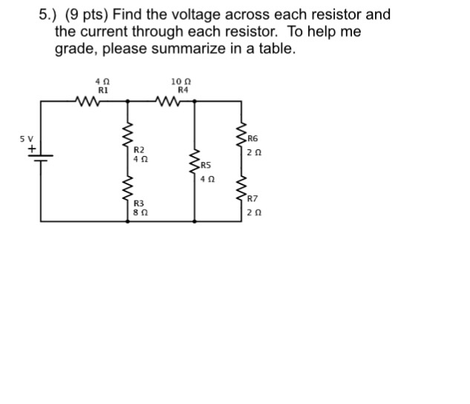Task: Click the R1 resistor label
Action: pos(103,88)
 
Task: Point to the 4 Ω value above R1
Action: pos(103,80)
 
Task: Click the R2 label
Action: pos(139,149)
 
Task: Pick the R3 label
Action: pos(139,203)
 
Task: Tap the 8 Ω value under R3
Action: pos(139,212)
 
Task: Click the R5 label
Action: pos(206,166)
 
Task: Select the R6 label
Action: pos(252,139)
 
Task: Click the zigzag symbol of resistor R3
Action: pos(125,192)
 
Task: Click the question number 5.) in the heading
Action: pos(50,15)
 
